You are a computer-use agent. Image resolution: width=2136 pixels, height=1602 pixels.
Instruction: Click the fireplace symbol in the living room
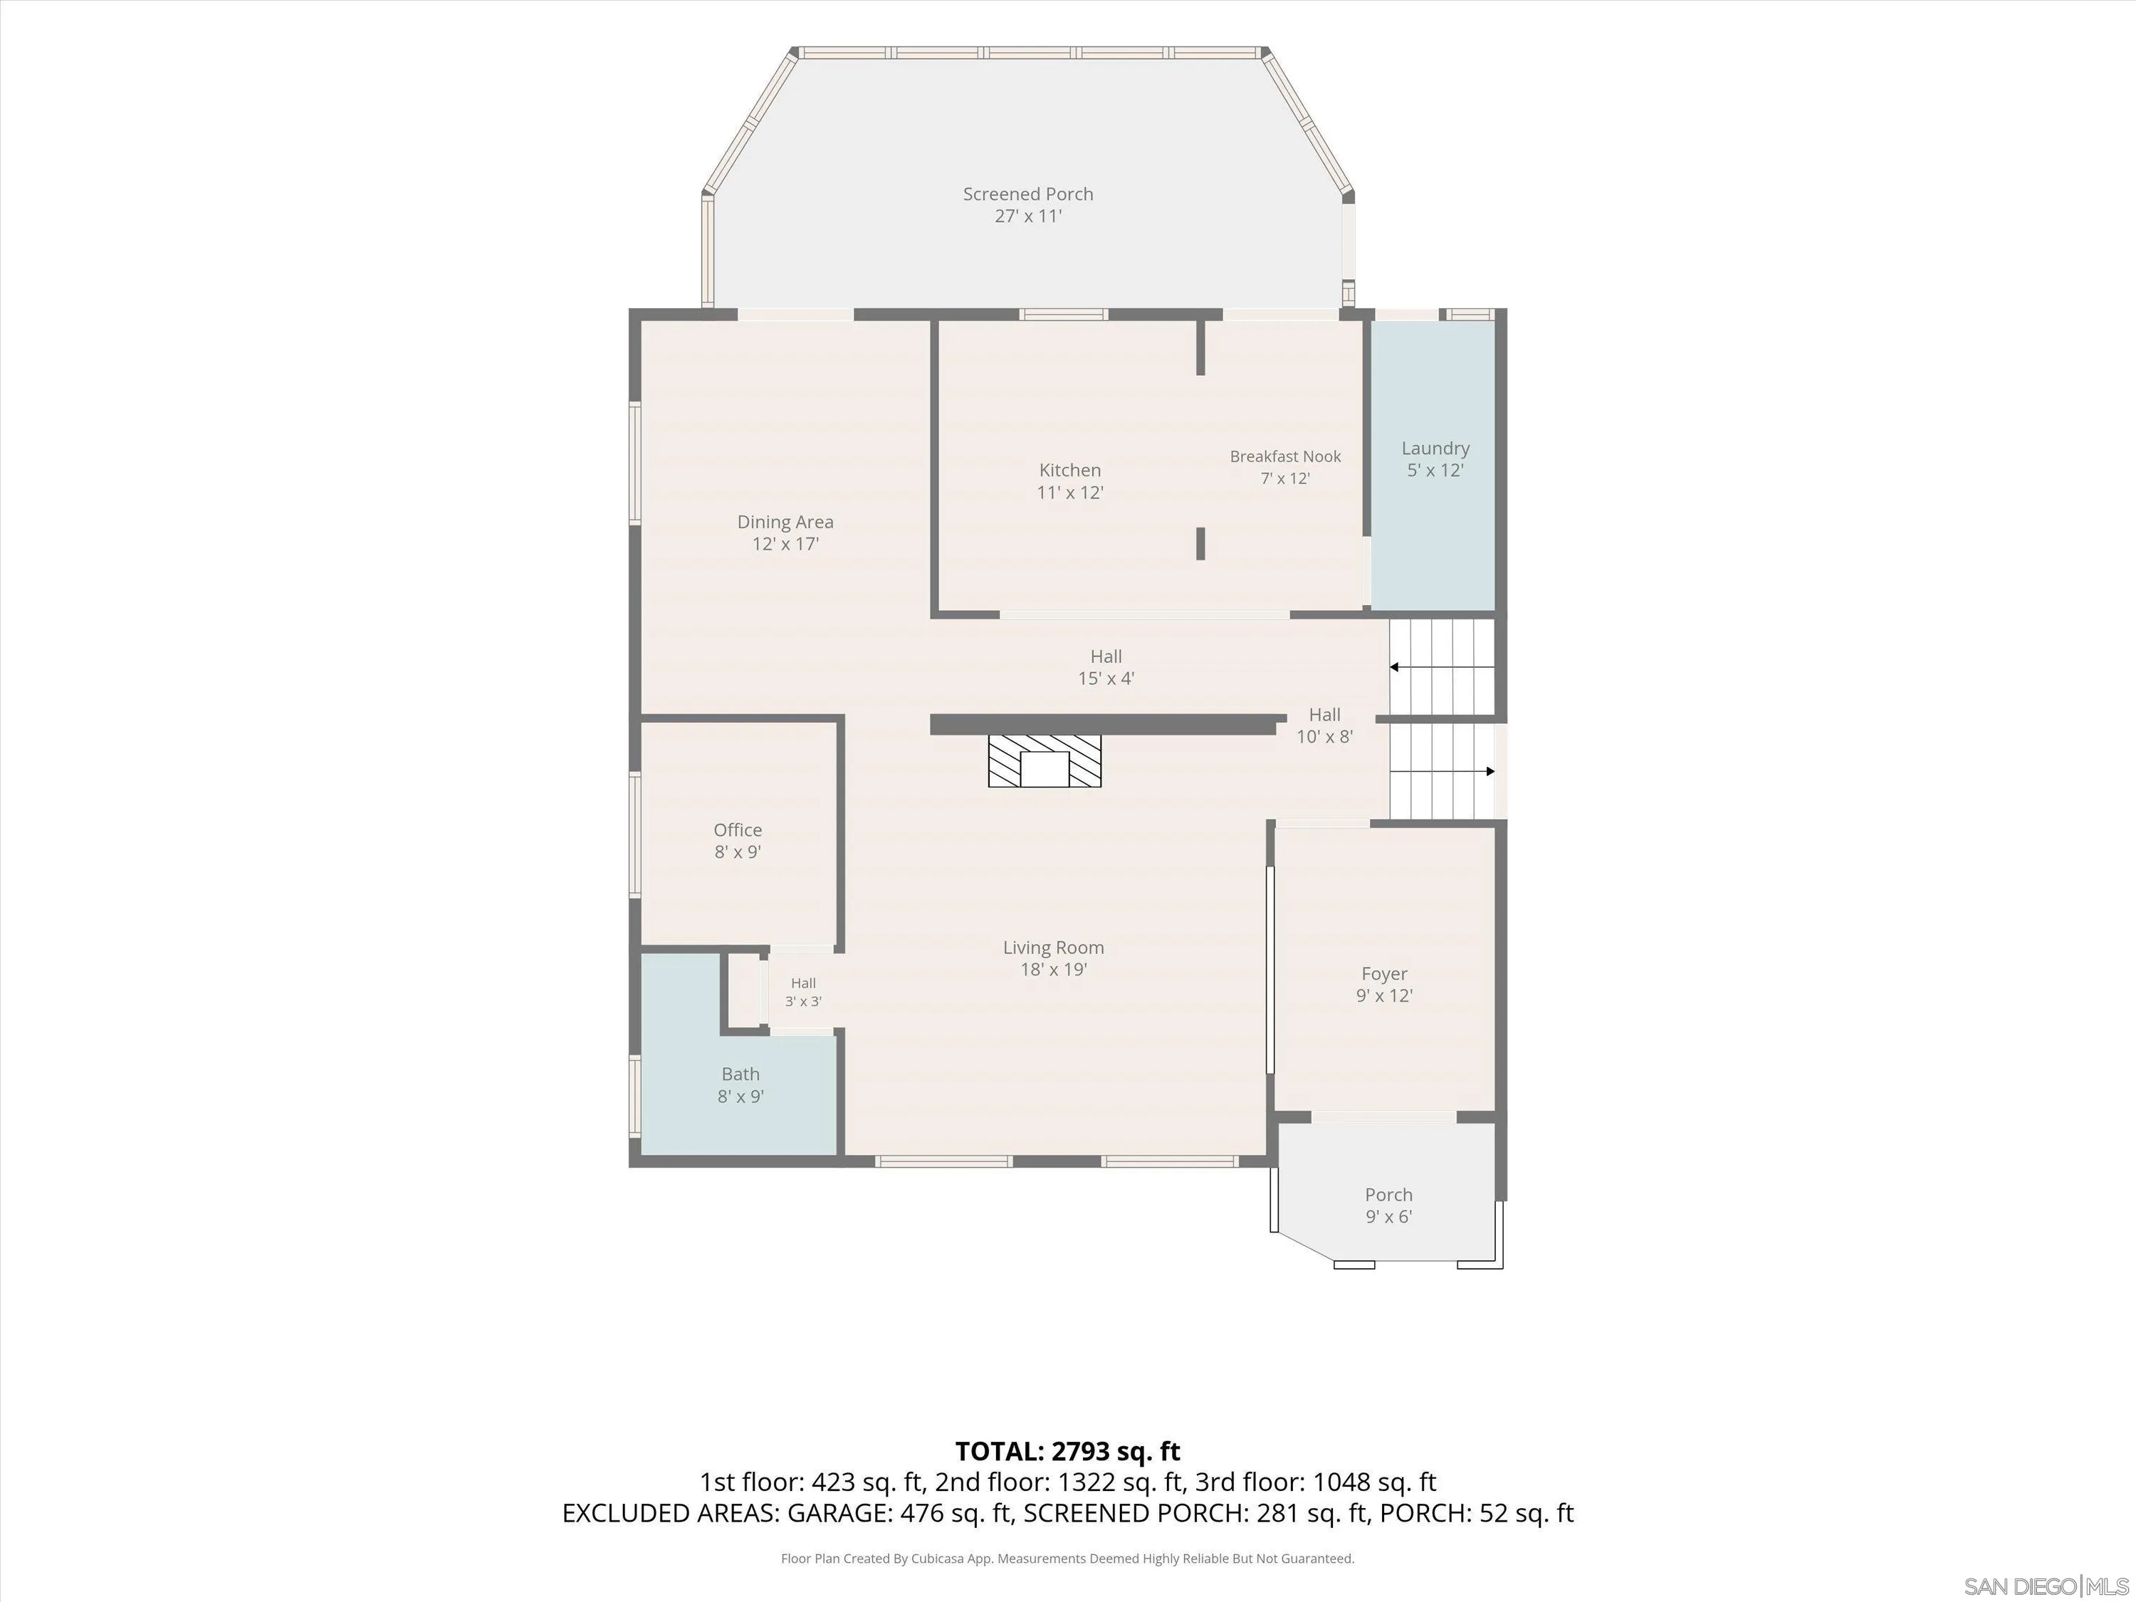pyautogui.click(x=1044, y=761)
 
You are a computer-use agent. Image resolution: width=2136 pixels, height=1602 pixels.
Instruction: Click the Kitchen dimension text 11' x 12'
pyautogui.click(x=1070, y=493)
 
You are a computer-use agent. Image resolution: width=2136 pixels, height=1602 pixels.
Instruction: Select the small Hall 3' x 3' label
pyautogui.click(x=803, y=993)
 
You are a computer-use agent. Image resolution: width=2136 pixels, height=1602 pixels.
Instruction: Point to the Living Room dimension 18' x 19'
pyautogui.click(x=1054, y=970)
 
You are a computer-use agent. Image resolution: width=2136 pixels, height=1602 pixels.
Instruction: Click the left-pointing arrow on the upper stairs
pyautogui.click(x=1442, y=667)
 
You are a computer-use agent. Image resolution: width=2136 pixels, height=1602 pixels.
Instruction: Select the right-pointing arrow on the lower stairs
pyautogui.click(x=1443, y=772)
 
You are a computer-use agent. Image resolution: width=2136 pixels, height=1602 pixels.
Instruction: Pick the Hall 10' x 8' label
pyautogui.click(x=1325, y=726)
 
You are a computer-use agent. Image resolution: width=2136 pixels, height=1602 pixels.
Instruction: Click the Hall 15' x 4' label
pyautogui.click(x=1106, y=667)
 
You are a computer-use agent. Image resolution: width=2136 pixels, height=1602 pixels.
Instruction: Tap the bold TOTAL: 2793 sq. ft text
pyautogui.click(x=1068, y=1451)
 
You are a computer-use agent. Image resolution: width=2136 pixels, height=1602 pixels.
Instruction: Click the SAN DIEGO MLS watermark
pyautogui.click(x=2047, y=1586)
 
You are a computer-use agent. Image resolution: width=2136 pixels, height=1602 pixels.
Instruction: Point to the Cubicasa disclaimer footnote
pyautogui.click(x=1068, y=1559)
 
